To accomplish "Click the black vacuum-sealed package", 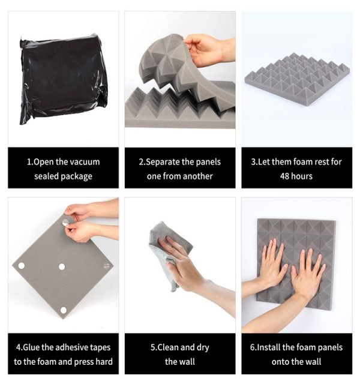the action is click(63, 79).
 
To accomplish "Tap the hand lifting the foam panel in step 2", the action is click(208, 50).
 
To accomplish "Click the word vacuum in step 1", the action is click(85, 162).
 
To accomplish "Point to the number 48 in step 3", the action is click(285, 176).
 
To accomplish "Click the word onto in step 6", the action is click(280, 362).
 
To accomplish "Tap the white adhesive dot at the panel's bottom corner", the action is click(64, 310).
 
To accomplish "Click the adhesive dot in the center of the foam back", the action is click(62, 266).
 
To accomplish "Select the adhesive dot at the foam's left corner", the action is click(22, 265).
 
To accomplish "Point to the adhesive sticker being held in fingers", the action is click(66, 223).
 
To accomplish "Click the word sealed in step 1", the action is click(46, 176).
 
